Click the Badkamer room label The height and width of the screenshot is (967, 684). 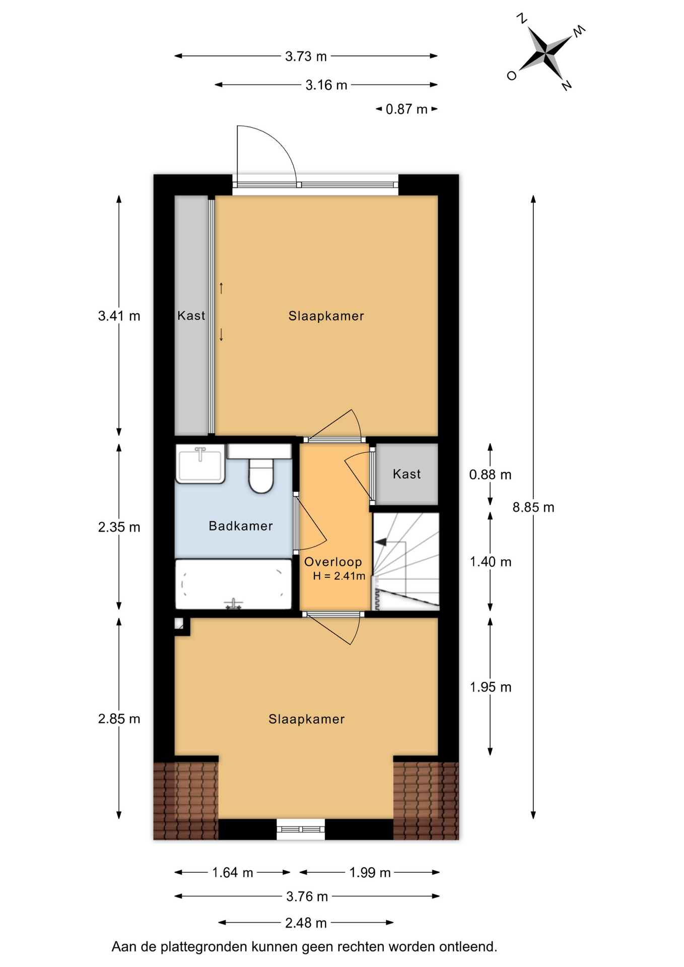(241, 526)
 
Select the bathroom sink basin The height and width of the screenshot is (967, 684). (200, 464)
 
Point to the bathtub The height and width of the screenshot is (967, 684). (233, 584)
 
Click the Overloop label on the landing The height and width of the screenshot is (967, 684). (333, 562)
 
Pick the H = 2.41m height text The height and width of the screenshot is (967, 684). (339, 576)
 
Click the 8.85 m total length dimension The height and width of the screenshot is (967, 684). (533, 507)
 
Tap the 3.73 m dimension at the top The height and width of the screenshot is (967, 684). (306, 56)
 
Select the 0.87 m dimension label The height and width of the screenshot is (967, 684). (406, 109)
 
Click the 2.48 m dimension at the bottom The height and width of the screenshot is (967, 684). (306, 923)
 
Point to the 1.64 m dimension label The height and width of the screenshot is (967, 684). (232, 872)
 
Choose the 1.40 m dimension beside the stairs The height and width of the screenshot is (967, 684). (491, 562)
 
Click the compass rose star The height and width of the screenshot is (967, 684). (546, 51)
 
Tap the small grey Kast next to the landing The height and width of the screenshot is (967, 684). (407, 474)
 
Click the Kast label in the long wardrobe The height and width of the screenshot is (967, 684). (191, 316)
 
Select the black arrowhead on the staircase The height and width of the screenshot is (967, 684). (380, 542)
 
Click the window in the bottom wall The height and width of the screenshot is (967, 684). (301, 829)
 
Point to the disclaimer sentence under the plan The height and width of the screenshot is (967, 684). (304, 947)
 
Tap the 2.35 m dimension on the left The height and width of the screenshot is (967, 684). (119, 527)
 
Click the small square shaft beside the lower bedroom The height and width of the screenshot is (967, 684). (179, 624)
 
